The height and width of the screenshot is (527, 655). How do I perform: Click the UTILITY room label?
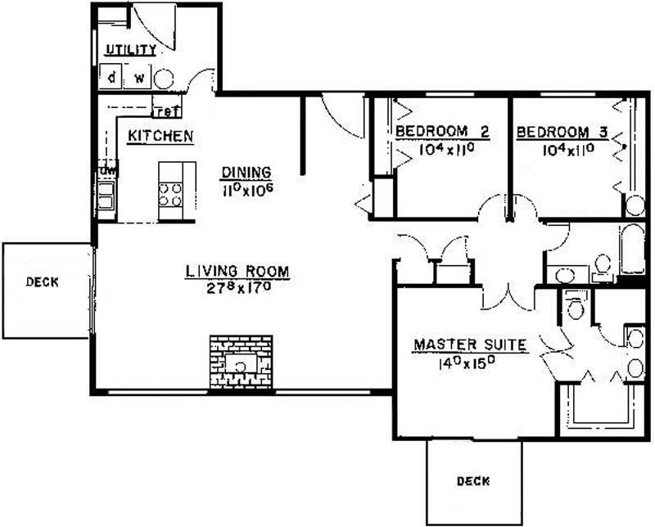pos(131,50)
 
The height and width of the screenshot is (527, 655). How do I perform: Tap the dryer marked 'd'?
pos(111,76)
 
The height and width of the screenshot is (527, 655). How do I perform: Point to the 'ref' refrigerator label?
pos(167,111)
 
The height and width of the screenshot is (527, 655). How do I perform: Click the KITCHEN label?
pos(160,136)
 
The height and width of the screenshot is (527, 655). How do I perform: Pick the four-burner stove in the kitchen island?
pos(170,195)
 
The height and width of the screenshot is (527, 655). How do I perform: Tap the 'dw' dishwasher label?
pos(108,170)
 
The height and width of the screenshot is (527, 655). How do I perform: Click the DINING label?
pos(246,172)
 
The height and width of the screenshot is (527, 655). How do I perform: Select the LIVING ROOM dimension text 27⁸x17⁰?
pos(239,288)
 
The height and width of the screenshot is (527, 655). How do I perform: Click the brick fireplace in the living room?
pos(241,363)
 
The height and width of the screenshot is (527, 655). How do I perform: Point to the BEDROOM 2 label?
pos(442,132)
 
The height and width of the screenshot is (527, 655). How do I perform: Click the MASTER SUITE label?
pos(470,345)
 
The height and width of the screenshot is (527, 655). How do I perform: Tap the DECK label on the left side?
pos(43,282)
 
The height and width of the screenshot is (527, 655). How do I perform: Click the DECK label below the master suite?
pos(473,481)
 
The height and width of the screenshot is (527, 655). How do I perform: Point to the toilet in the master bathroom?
pos(576,305)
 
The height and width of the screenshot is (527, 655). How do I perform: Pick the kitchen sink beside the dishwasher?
pos(106,196)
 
